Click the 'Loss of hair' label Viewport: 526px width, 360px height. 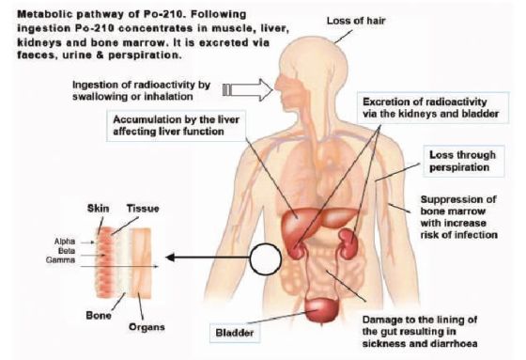point(356,21)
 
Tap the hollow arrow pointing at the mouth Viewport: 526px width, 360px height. point(248,90)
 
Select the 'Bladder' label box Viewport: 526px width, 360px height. point(235,333)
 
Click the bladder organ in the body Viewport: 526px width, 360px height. point(321,310)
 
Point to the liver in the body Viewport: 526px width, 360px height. point(317,222)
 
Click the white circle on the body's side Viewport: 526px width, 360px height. point(265,258)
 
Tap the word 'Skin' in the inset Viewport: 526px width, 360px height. point(98,209)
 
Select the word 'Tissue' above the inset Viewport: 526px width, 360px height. point(143,209)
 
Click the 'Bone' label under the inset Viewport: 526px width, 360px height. point(99,315)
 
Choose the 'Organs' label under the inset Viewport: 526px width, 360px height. point(147,327)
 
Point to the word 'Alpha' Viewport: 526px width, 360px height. point(65,242)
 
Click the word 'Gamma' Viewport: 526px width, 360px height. point(61,260)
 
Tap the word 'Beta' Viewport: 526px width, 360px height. point(67,251)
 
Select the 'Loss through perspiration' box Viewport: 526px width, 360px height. point(464,161)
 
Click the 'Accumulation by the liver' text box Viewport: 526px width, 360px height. point(176,125)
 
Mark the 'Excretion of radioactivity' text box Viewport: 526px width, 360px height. point(432,107)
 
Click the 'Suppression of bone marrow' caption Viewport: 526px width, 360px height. point(458,217)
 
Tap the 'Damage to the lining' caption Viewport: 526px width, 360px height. point(420,332)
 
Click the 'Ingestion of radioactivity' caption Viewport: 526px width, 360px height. point(141,90)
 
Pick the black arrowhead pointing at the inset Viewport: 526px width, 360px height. point(170,258)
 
